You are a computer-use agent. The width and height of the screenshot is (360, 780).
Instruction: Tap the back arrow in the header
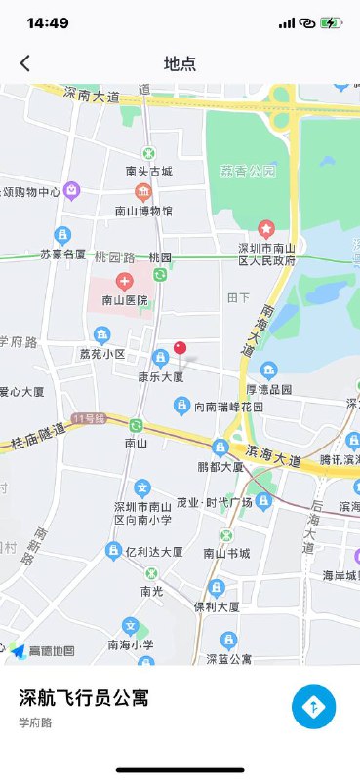(25, 63)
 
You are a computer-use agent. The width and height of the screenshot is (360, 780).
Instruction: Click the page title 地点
(180, 64)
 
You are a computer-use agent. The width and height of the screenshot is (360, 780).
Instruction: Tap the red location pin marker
(180, 348)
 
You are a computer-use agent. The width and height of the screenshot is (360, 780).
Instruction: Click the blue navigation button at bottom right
(313, 707)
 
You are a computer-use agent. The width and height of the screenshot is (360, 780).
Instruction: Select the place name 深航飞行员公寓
(84, 697)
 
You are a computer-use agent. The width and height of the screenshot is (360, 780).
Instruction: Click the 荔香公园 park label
(248, 171)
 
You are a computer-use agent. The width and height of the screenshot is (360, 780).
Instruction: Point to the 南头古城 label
(149, 171)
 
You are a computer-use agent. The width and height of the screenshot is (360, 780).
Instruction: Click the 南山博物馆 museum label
(143, 210)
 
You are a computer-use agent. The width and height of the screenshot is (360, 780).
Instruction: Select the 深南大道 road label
(92, 96)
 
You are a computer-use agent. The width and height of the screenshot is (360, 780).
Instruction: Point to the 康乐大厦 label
(160, 375)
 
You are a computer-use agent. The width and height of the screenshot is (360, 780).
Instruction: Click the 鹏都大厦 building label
(220, 467)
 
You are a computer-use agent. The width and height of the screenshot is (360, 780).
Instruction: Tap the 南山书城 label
(226, 553)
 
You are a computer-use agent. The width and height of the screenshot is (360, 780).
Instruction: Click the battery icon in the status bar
(332, 22)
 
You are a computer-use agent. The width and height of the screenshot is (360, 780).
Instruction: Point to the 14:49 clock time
(47, 22)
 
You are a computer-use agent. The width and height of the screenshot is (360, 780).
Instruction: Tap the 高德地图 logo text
(51, 650)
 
